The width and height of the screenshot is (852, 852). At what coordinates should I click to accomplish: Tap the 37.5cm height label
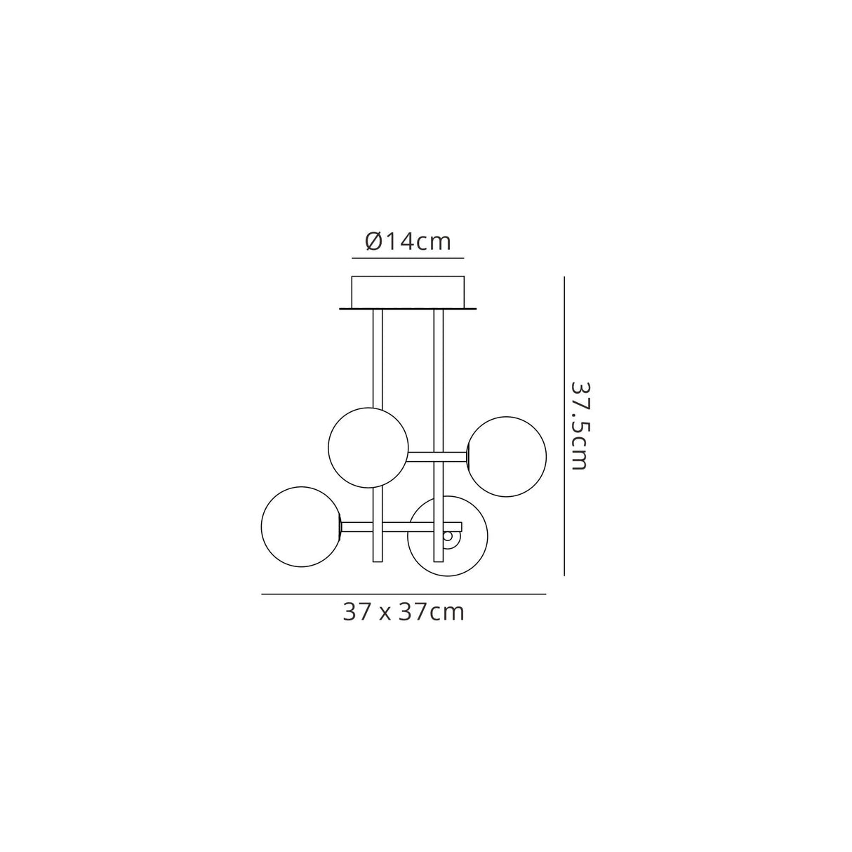click(x=580, y=426)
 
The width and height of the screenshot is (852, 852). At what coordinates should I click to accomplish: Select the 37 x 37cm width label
click(x=404, y=612)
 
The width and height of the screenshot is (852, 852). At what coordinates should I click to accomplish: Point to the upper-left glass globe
click(x=368, y=446)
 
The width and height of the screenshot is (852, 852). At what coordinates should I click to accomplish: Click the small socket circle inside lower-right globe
click(x=448, y=537)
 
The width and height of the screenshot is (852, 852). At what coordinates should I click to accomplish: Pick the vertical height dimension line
click(x=564, y=426)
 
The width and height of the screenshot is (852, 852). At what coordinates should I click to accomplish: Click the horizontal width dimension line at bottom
click(x=404, y=594)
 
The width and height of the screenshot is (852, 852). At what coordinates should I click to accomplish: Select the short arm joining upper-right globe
click(x=438, y=457)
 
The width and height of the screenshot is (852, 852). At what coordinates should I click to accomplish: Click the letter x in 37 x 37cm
click(x=385, y=613)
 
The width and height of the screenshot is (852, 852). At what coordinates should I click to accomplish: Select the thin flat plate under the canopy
click(x=408, y=307)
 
